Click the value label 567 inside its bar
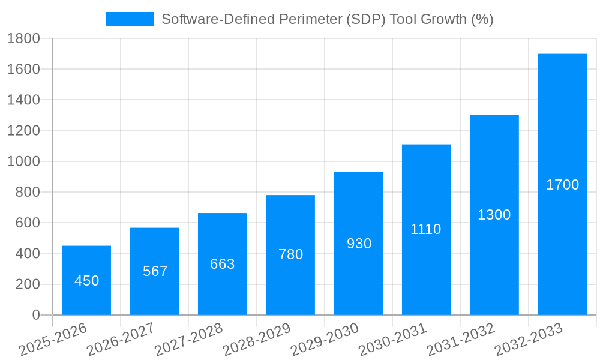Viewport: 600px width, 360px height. pyautogui.click(x=155, y=271)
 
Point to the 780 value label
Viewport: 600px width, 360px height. pyautogui.click(x=290, y=254)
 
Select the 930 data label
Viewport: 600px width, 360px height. pyautogui.click(x=359, y=244)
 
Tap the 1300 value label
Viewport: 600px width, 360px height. pyautogui.click(x=494, y=215)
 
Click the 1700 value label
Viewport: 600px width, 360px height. pyautogui.click(x=562, y=185)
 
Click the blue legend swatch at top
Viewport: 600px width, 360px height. pyautogui.click(x=130, y=19)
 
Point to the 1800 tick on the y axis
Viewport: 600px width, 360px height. pyautogui.click(x=23, y=38)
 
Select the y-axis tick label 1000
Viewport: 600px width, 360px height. pyautogui.click(x=23, y=161)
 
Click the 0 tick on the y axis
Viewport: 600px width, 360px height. pyautogui.click(x=35, y=315)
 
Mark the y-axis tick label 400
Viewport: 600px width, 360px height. pyautogui.click(x=27, y=254)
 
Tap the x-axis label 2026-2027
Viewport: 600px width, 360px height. pyautogui.click(x=121, y=340)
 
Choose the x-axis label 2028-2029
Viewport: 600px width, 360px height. pyautogui.click(x=257, y=340)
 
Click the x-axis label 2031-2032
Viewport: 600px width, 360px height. pyautogui.click(x=461, y=340)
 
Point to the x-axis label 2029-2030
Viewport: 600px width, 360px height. pyautogui.click(x=325, y=340)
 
